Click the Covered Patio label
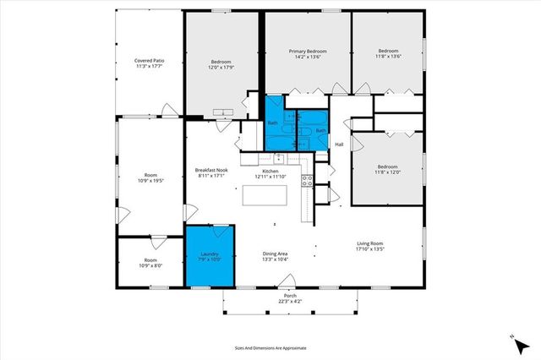149,63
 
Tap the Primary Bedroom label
308,54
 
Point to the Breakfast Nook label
211,172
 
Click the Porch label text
290,296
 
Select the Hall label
339,145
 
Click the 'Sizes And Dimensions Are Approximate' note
270,347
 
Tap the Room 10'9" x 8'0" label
150,262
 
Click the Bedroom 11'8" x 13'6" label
388,54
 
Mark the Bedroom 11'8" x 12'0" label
388,169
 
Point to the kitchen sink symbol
278,157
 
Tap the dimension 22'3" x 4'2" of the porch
290,302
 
